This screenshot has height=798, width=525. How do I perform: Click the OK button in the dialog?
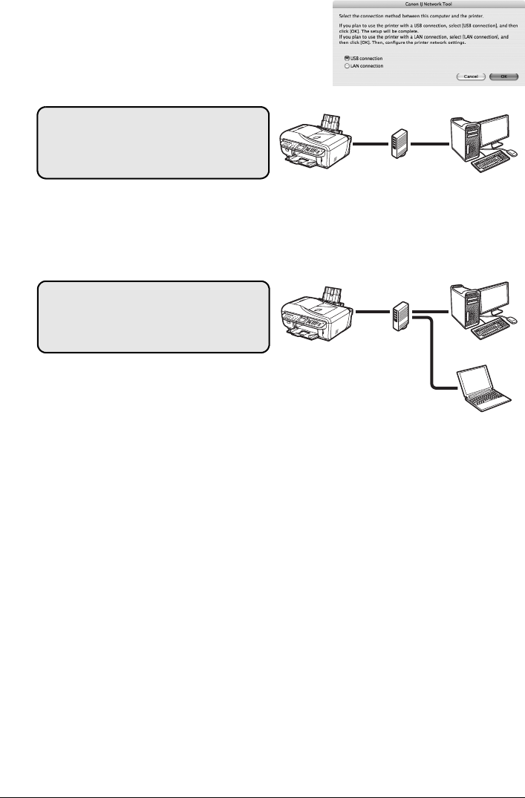coord(503,76)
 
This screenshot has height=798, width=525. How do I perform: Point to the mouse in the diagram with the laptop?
coord(512,320)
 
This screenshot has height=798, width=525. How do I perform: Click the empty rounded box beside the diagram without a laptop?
coord(153,142)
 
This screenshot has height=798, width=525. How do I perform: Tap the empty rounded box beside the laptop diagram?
coord(153,316)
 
